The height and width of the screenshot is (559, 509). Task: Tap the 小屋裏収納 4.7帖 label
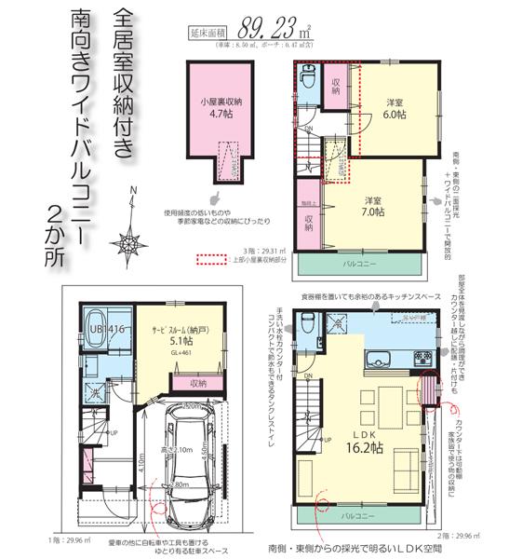[221, 110]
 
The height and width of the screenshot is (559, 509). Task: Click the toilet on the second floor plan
[305, 332]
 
